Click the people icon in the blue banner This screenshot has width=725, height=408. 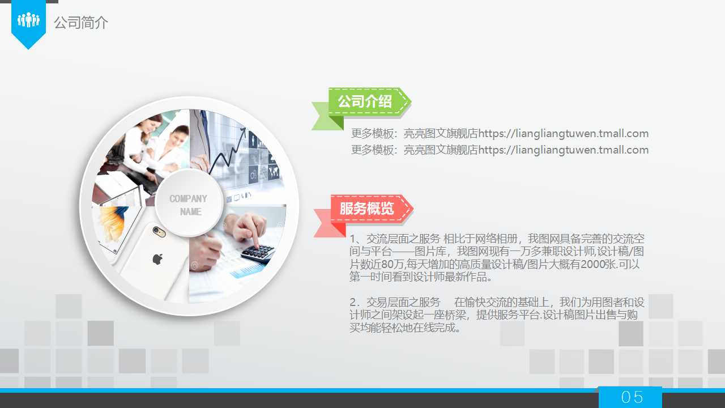coord(28,20)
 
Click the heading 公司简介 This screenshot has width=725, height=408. coord(81,23)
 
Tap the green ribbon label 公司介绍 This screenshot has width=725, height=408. coord(365,101)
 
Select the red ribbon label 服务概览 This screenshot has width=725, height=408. coord(366,209)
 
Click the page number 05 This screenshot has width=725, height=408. coord(632,397)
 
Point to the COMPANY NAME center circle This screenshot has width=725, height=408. coord(189,203)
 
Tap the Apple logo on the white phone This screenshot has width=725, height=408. coord(157,260)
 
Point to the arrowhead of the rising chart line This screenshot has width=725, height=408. coord(243,131)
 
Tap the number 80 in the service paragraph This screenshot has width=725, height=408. coord(387,264)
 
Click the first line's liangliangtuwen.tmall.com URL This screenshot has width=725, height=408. coord(563,133)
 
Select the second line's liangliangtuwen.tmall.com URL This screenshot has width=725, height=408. coord(563,150)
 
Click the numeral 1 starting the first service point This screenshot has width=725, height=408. coord(353,239)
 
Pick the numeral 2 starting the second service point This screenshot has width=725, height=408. coord(353,303)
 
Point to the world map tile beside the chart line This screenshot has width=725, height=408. coord(274,172)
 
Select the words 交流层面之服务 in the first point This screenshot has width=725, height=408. coord(403,239)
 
